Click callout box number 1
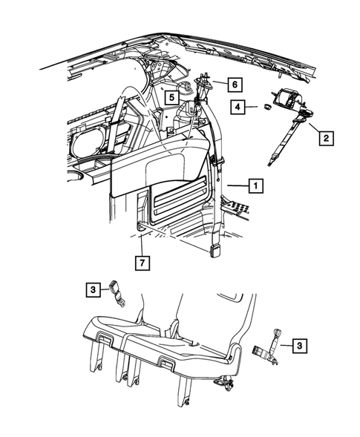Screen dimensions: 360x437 point(255,185)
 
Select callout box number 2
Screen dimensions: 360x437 point(327,138)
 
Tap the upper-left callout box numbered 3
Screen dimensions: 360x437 point(93,290)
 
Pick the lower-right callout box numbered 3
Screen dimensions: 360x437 point(300,346)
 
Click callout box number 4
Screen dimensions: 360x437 point(238,107)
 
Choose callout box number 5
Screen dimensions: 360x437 point(171,97)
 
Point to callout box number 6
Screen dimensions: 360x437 point(235,84)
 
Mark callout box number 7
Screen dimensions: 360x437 point(143,263)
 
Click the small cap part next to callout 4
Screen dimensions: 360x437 point(268,106)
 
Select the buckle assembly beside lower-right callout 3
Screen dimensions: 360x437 point(267,347)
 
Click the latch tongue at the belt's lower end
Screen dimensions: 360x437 point(214,251)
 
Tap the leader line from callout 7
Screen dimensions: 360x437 point(142,246)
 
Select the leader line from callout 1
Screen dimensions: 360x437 point(238,185)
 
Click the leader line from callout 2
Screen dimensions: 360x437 point(314,128)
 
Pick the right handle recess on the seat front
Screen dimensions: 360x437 point(166,363)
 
